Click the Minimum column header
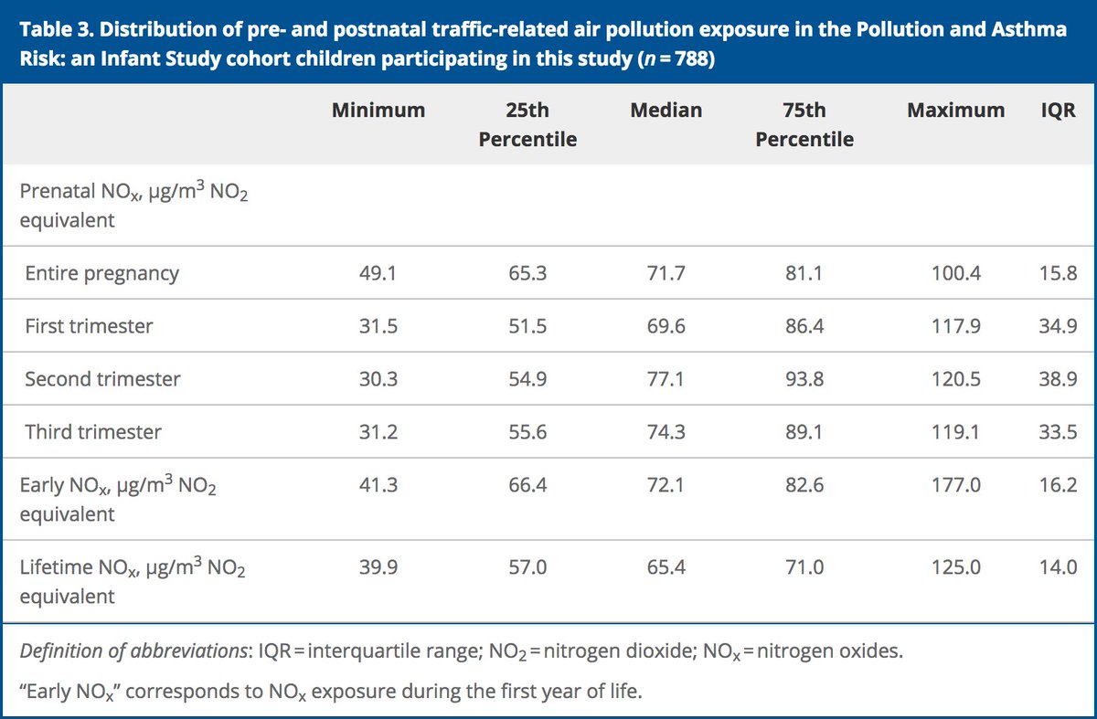coord(378,111)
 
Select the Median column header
coord(666,111)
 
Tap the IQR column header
coord(1058,111)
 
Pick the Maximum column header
coord(955,111)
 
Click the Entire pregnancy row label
coord(101,273)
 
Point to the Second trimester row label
coord(102,379)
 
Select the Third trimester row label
coord(93,432)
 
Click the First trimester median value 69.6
coord(666,326)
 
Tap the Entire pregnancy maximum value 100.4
coord(955,273)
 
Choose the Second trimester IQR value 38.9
coord(1058,379)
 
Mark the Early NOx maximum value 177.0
coord(955,485)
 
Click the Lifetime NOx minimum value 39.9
coord(378,567)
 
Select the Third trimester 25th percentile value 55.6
coord(527,432)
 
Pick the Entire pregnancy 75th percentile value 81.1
coord(804,273)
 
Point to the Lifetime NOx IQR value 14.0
coord(1058,567)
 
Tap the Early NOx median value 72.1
coord(666,485)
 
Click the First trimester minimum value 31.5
coord(378,326)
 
